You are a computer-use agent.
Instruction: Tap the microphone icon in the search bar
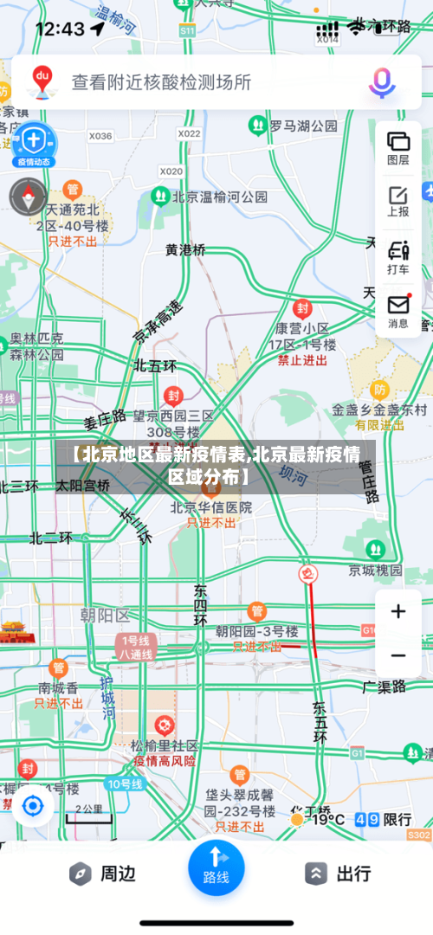click(x=381, y=82)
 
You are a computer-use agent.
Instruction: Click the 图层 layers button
click(x=398, y=147)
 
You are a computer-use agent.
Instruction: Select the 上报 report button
click(x=398, y=201)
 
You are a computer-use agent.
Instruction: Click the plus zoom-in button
click(x=398, y=612)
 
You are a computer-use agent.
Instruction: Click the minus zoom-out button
click(x=398, y=655)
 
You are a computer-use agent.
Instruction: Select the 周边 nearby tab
click(x=102, y=874)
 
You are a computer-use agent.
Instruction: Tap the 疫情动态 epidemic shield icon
click(x=33, y=143)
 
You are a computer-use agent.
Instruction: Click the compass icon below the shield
click(x=29, y=197)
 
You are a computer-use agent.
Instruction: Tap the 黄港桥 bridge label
click(x=186, y=249)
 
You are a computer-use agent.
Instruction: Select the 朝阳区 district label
click(x=104, y=615)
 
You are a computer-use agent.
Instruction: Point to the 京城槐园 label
click(x=375, y=570)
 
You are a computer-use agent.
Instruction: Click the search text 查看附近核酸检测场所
click(x=162, y=82)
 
